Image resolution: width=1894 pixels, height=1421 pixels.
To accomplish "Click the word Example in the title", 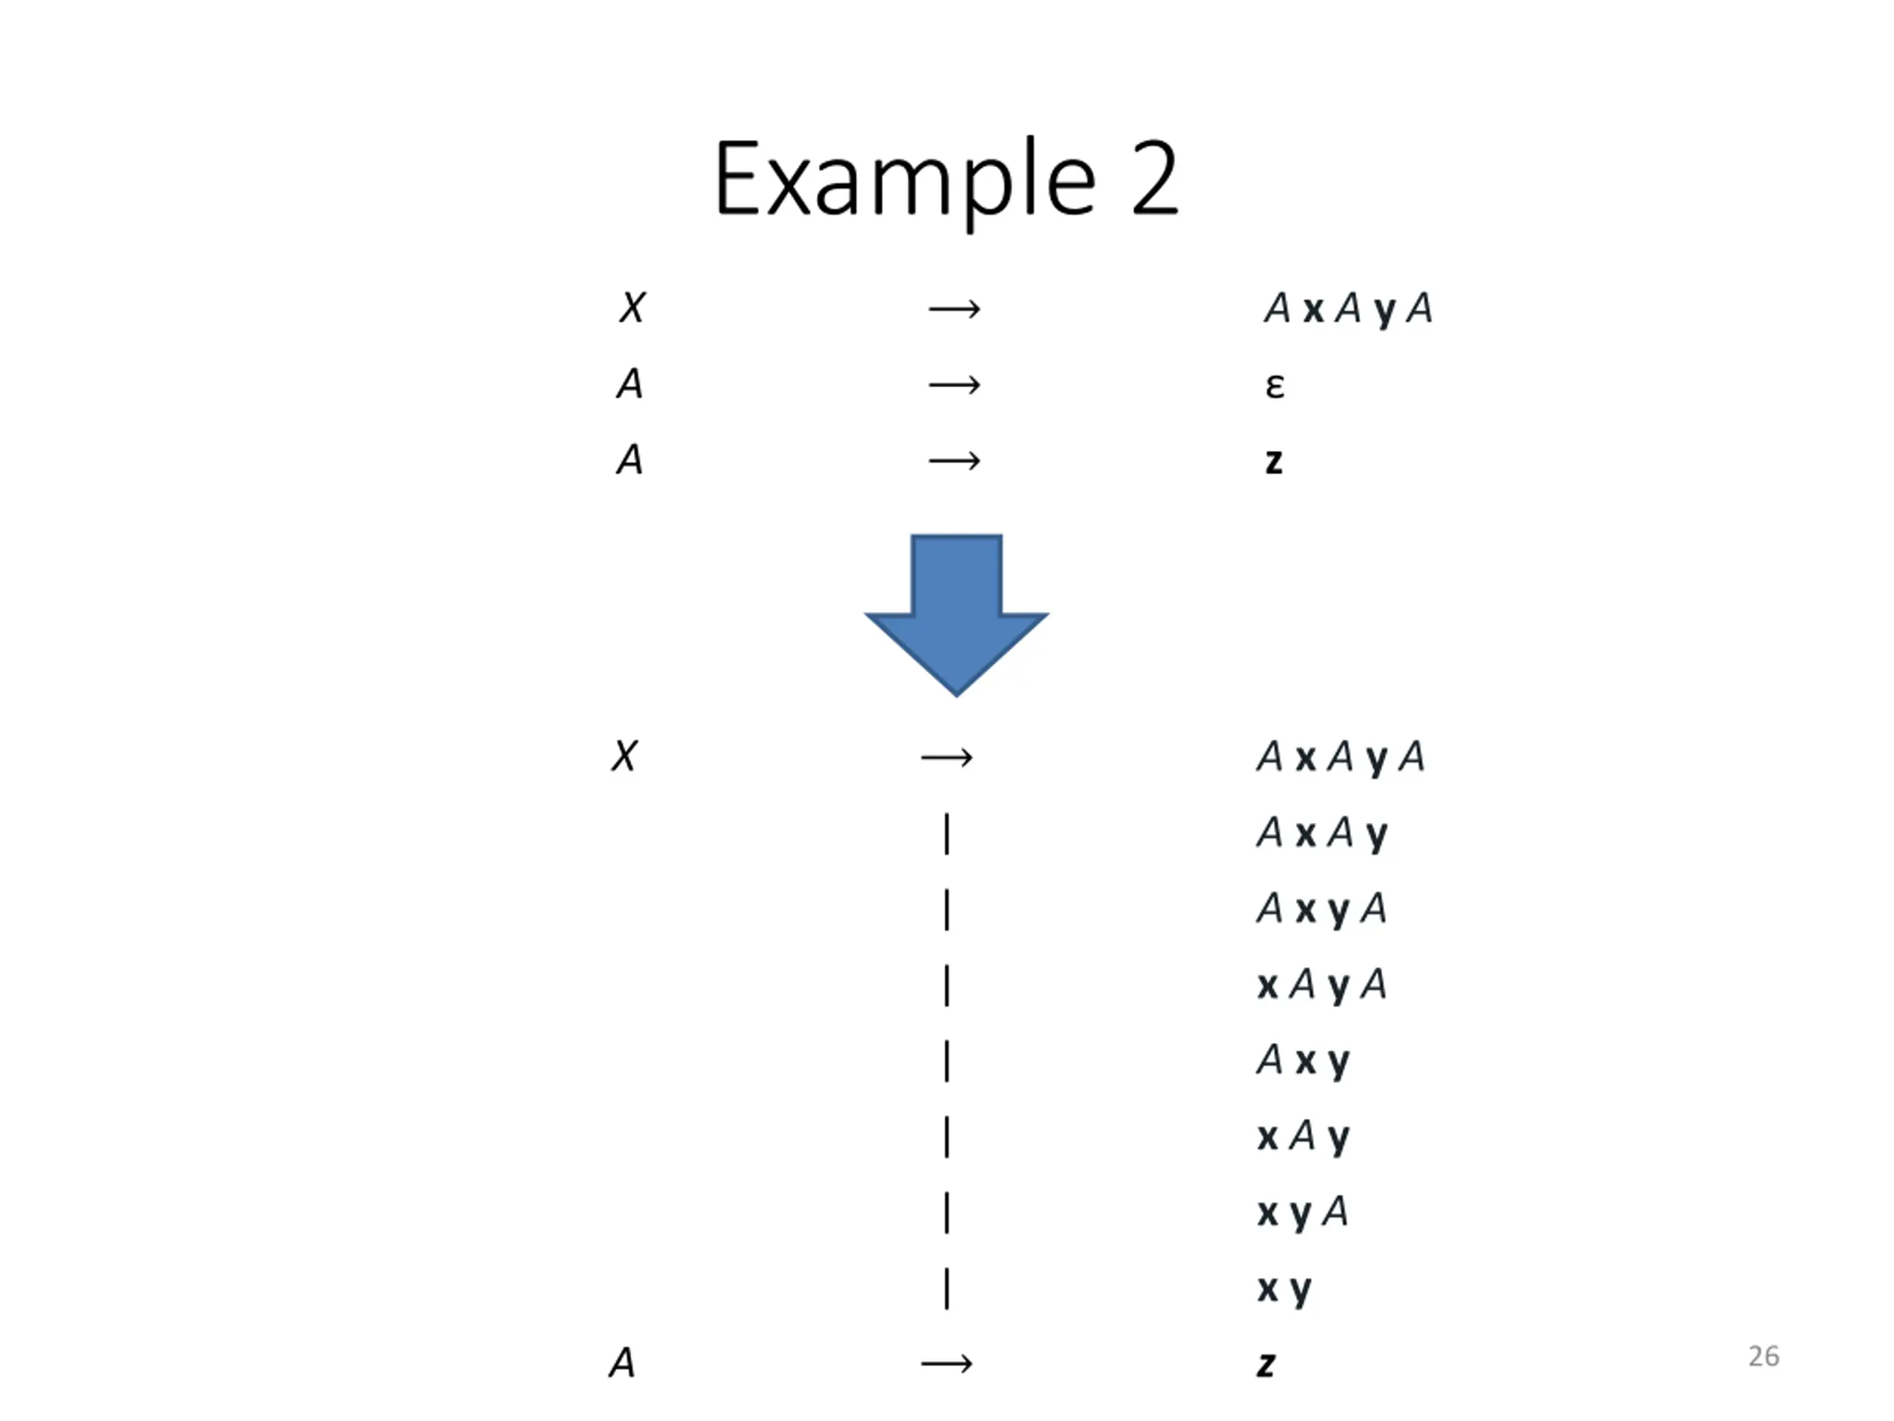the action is pyautogui.click(x=904, y=180).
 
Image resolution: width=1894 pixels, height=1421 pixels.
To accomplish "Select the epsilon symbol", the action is pyautogui.click(x=1274, y=386).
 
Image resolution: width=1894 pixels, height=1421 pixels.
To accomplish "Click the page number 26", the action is pyautogui.click(x=1763, y=1356).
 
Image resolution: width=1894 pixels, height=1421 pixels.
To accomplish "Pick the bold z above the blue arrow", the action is pyautogui.click(x=1273, y=462).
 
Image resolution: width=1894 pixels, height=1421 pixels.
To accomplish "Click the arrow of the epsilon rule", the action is pyautogui.click(x=954, y=386).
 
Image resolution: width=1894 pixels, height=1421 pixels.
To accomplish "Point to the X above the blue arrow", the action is pyautogui.click(x=632, y=307).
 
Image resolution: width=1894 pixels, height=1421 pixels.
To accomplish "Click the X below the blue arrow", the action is pyautogui.click(x=624, y=756).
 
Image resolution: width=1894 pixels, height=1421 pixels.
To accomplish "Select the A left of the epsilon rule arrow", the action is pyautogui.click(x=630, y=383).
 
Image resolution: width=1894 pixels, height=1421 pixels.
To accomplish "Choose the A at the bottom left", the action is pyautogui.click(x=622, y=1363).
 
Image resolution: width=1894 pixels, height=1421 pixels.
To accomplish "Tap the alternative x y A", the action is pyautogui.click(x=1302, y=1213).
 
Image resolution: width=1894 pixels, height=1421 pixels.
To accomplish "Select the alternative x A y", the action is pyautogui.click(x=1302, y=1138).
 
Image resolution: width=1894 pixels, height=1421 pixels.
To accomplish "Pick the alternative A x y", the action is pyautogui.click(x=1302, y=1061).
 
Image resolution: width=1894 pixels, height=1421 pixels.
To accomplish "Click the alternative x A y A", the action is pyautogui.click(x=1321, y=985).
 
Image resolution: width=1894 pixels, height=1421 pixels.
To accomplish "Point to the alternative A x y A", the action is pyautogui.click(x=1321, y=909).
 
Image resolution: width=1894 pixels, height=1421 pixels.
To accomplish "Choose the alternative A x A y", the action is pyautogui.click(x=1321, y=833).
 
